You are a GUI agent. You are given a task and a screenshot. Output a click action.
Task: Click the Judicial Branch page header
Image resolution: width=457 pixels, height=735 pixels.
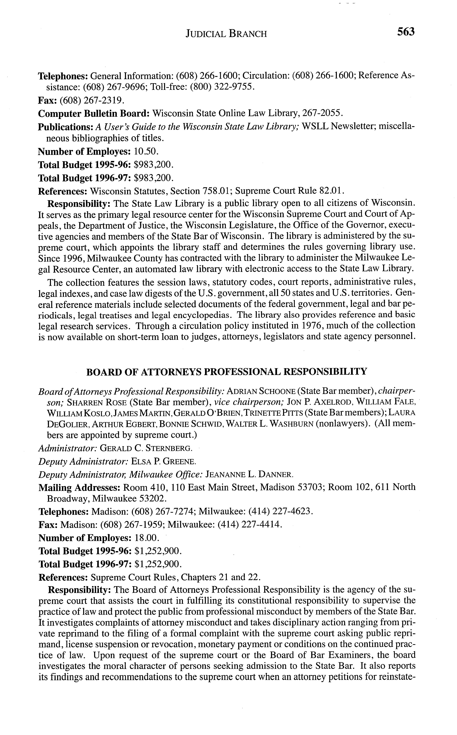[x=226, y=33]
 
